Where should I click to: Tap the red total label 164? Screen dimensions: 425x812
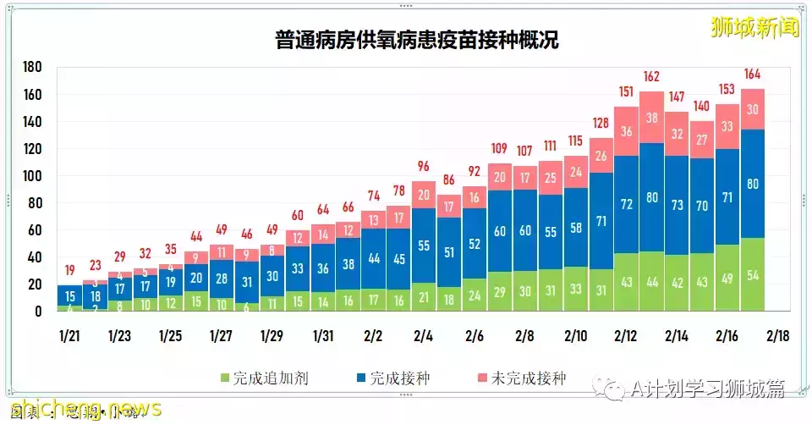tap(753, 74)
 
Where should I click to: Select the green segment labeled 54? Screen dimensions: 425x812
tap(753, 274)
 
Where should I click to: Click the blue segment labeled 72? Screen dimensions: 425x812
tap(627, 204)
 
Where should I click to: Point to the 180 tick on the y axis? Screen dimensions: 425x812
tap(33, 68)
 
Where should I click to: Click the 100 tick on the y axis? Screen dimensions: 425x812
tap(33, 176)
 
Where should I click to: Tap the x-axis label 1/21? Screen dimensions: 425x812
tap(70, 336)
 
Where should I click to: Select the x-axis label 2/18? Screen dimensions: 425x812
tap(777, 336)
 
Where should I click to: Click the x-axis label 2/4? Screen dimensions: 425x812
tap(424, 336)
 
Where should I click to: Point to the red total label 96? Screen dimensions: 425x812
tap(424, 167)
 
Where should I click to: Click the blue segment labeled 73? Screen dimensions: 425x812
tap(678, 205)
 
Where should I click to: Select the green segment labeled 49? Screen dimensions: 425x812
tap(727, 278)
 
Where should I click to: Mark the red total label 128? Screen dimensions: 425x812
tap(601, 124)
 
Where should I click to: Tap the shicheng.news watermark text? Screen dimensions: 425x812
tap(80, 409)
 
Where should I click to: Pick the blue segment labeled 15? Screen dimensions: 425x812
tap(70, 296)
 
